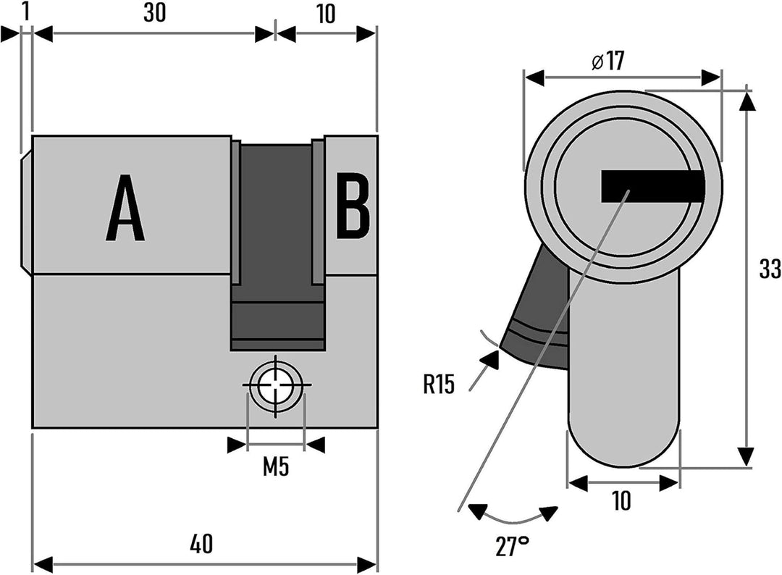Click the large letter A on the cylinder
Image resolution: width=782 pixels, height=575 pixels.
(x=125, y=208)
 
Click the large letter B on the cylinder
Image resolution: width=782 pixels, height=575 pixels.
(x=353, y=205)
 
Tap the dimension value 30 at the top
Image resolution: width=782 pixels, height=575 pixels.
(x=155, y=14)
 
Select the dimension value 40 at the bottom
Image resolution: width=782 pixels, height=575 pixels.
(x=201, y=543)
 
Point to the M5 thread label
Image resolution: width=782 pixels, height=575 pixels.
(x=277, y=467)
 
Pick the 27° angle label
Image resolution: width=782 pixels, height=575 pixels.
(x=512, y=545)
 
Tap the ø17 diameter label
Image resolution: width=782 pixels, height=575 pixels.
(x=607, y=61)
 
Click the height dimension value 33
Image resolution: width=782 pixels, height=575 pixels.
(x=770, y=269)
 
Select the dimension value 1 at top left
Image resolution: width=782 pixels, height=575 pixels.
(x=27, y=12)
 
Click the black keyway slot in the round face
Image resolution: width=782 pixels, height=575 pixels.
(x=653, y=186)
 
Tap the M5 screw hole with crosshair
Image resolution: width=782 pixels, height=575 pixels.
(x=276, y=385)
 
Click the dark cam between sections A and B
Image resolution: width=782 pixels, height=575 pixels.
(x=277, y=247)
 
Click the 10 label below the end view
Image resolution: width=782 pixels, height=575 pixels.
(x=621, y=500)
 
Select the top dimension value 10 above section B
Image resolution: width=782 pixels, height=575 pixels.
(x=326, y=14)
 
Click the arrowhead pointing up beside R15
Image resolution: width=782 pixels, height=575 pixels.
(x=489, y=360)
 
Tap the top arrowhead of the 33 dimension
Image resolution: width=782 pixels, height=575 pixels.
(x=746, y=101)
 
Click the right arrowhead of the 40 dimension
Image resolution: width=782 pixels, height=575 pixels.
(x=366, y=566)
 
